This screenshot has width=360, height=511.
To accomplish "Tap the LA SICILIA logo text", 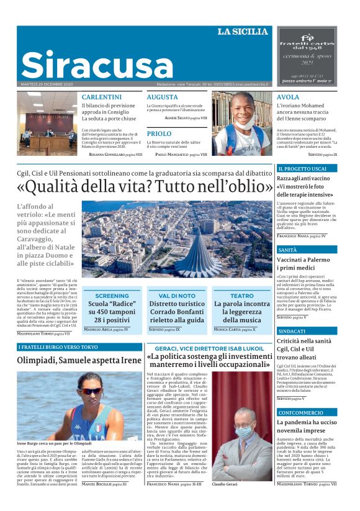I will tap(243, 32).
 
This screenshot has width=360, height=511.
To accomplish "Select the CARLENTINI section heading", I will tap(102, 97).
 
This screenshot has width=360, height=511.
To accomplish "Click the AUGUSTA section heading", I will tap(162, 97).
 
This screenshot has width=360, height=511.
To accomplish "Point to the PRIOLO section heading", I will tap(159, 133).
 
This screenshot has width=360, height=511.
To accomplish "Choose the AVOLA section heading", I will tap(288, 97).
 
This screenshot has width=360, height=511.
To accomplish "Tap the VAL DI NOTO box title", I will tap(177, 296).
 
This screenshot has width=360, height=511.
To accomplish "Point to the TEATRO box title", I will tap(242, 296).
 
